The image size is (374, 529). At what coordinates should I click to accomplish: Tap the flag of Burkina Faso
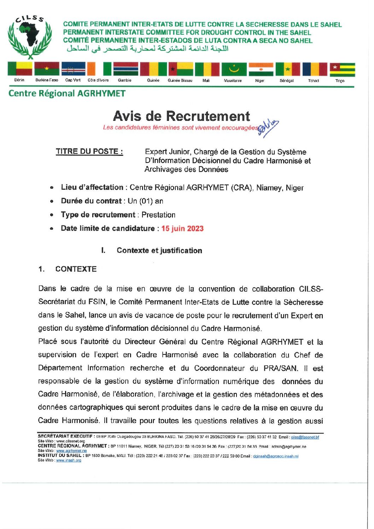pos(47,69)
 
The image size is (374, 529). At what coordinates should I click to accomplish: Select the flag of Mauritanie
pos(234,69)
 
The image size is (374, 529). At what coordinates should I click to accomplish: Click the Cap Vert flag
pos(73,69)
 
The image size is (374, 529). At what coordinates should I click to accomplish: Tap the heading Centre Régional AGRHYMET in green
pos(67,94)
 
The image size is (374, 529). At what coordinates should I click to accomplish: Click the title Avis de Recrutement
pos(181,116)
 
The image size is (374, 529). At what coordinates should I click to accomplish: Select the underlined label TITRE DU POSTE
pos(89,152)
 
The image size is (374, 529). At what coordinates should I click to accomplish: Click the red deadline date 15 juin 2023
pos(182,229)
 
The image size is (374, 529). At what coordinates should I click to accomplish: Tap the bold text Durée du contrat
pos(91,201)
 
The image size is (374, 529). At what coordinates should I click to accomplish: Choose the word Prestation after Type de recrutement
pos(158,215)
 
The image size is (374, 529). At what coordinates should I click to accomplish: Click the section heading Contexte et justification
pos(159,251)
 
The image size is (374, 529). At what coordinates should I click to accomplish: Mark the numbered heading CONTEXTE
pos(76,269)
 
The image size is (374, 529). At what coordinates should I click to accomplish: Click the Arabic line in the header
pos(148,49)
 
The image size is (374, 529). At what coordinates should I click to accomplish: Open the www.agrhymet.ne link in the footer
pos(71,451)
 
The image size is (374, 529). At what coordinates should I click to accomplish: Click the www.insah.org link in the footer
pos(69,460)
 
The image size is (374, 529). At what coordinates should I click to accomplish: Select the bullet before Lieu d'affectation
pos(52,188)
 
